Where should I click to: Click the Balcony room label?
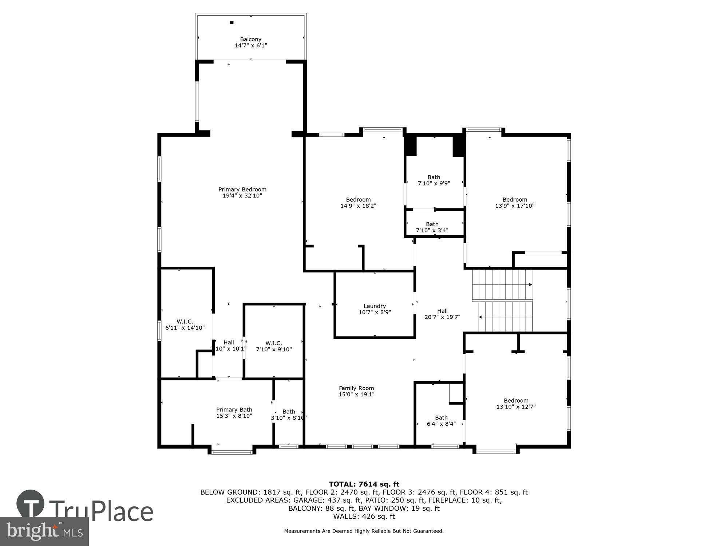(x=250, y=39)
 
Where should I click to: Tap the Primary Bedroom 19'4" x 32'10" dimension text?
(x=242, y=195)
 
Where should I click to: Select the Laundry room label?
(x=375, y=306)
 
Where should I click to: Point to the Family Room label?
(x=356, y=388)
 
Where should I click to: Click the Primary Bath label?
(x=234, y=410)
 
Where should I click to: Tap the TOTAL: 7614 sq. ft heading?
(x=364, y=484)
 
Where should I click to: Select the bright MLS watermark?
(x=44, y=531)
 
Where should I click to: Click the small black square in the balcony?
(x=232, y=23)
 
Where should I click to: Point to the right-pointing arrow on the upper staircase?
(x=530, y=284)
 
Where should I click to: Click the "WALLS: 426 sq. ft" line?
(x=364, y=516)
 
